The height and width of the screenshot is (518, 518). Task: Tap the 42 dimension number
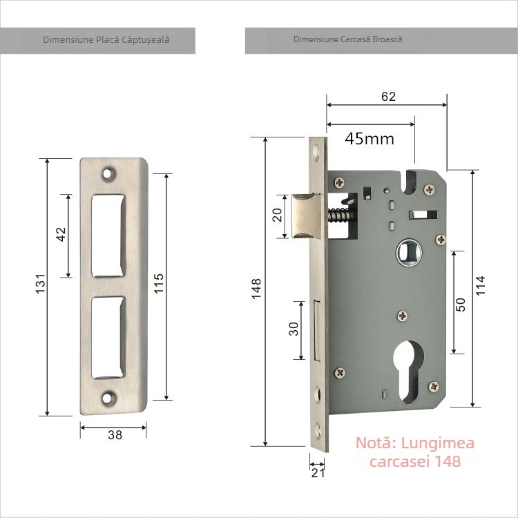(61, 234)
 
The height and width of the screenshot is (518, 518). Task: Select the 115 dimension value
(158, 283)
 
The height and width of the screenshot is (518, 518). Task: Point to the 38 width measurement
(115, 435)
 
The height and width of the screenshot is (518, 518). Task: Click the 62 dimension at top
(388, 97)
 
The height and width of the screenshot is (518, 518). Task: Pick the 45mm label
(370, 139)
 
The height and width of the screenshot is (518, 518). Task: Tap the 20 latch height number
(278, 215)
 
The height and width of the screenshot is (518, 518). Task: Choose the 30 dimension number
(294, 329)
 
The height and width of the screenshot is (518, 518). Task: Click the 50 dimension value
(461, 303)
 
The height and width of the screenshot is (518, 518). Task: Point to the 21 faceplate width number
(318, 473)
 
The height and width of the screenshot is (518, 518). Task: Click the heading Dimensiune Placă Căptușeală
(106, 40)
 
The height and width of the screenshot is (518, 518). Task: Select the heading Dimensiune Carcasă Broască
(348, 40)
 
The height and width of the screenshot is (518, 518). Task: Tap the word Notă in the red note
(375, 443)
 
